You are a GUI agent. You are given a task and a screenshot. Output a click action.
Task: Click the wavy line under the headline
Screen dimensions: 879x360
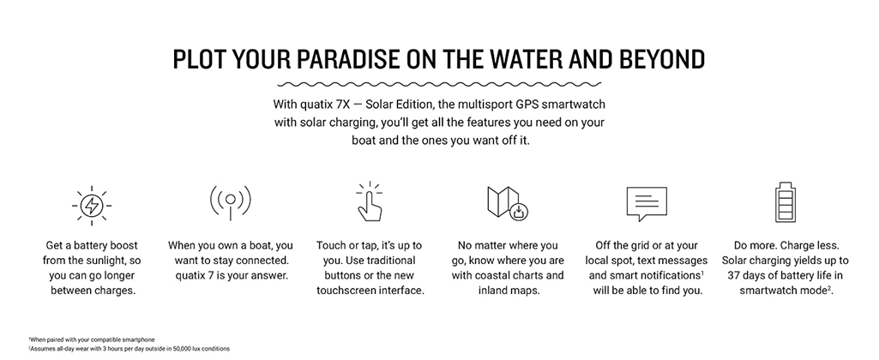point(439,84)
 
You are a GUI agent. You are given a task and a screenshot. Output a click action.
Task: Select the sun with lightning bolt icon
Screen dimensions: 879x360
point(92,205)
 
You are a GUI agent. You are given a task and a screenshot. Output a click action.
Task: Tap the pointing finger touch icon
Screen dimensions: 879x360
point(369,201)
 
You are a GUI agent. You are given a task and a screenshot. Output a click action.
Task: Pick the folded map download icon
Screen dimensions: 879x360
point(508,203)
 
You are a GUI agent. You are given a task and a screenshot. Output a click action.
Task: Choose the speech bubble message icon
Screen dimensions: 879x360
point(647,204)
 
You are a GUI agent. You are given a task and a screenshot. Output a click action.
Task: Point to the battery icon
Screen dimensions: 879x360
point(785,202)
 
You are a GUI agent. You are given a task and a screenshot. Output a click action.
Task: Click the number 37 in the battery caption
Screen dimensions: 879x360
point(735,276)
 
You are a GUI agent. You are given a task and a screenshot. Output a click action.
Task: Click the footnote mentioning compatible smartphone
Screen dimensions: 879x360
point(92,339)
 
